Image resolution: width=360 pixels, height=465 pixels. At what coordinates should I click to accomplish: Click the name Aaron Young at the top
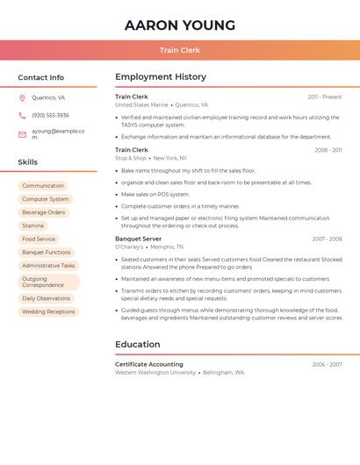click(x=180, y=25)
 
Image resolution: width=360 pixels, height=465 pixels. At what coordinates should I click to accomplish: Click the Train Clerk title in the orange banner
click(x=180, y=50)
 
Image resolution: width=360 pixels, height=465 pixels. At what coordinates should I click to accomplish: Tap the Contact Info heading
click(x=41, y=77)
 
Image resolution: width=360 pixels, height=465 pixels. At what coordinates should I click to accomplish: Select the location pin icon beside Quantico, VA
click(x=22, y=98)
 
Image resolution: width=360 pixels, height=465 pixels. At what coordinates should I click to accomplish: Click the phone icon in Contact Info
click(x=22, y=115)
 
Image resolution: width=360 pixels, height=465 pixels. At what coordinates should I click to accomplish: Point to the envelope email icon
click(x=22, y=134)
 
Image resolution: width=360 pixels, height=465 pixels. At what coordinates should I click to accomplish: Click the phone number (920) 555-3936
click(x=50, y=115)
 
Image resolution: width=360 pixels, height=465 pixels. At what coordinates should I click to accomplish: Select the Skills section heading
click(x=28, y=162)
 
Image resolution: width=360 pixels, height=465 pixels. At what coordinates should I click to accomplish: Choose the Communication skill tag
click(x=43, y=186)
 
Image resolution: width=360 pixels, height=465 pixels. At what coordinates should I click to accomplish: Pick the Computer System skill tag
click(x=45, y=199)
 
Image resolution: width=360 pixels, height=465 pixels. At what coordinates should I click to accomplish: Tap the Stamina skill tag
click(x=32, y=225)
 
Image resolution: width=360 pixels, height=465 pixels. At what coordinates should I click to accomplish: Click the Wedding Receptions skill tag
click(x=48, y=311)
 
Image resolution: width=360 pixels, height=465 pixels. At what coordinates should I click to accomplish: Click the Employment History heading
click(x=161, y=77)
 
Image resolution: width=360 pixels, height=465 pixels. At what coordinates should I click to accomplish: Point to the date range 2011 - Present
click(x=324, y=97)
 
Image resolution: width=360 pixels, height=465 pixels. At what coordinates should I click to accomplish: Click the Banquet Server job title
click(x=138, y=239)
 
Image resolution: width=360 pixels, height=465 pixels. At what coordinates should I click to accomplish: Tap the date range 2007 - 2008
click(x=327, y=239)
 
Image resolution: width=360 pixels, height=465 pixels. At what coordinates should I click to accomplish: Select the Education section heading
click(x=138, y=345)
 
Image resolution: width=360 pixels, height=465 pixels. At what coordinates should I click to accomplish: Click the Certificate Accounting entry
click(x=149, y=364)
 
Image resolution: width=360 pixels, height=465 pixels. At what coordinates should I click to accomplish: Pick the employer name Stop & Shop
click(x=131, y=158)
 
